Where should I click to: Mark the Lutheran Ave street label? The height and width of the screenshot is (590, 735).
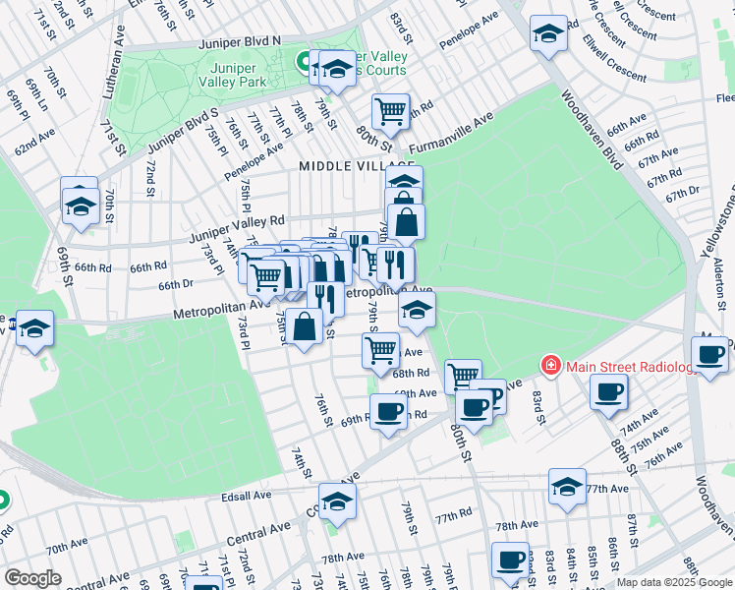click(115, 73)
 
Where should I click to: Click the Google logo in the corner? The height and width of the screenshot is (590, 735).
click(32, 578)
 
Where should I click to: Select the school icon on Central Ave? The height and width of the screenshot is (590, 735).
click(337, 501)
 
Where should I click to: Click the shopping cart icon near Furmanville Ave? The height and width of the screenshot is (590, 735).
click(390, 112)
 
